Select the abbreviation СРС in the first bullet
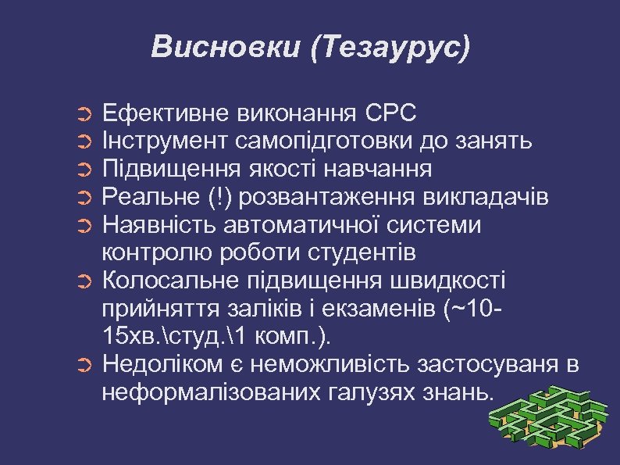390,113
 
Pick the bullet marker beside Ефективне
86,115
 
